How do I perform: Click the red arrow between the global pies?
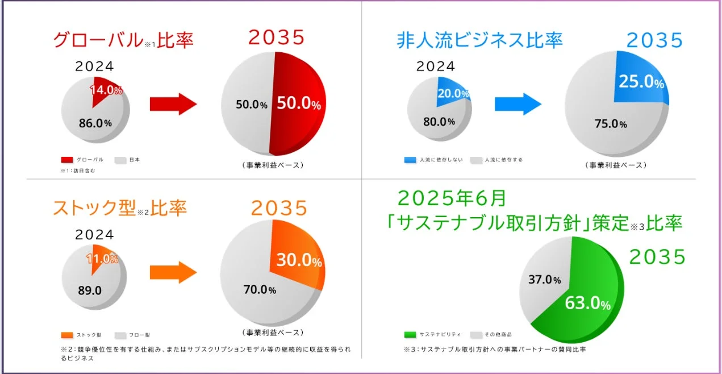[173, 105]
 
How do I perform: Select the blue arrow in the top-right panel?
[517, 104]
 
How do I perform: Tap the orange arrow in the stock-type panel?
[173, 272]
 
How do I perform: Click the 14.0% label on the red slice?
[106, 90]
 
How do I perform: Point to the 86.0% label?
[95, 123]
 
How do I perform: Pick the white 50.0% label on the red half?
[299, 104]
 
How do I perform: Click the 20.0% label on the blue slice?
[453, 94]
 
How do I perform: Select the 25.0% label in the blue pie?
[641, 83]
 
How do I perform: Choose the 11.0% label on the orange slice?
[102, 259]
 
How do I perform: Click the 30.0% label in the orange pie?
[299, 260]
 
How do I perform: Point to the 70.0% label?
[260, 290]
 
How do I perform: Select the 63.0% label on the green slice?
[587, 304]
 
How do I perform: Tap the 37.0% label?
[545, 280]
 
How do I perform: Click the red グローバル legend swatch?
[66, 160]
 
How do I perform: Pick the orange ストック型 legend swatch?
[66, 335]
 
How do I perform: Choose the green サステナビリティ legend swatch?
[410, 335]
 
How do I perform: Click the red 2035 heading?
[277, 38]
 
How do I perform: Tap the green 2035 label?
[658, 257]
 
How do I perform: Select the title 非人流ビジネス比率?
[480, 40]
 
